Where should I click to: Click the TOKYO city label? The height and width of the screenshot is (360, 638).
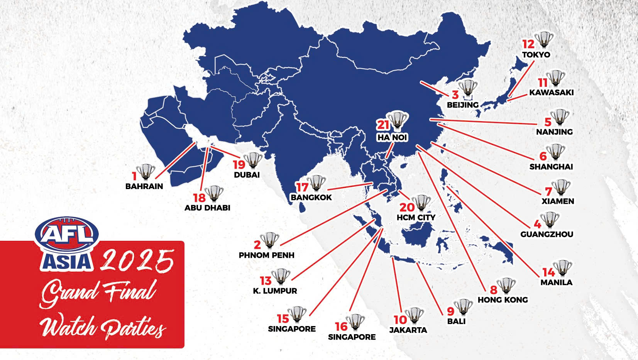(x=536, y=55)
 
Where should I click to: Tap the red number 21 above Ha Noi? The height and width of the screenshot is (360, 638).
(x=383, y=125)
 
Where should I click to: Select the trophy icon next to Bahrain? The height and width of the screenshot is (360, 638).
(x=146, y=172)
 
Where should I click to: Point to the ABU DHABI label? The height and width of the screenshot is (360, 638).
(x=207, y=208)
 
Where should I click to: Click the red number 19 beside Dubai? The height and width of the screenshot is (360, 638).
(x=239, y=165)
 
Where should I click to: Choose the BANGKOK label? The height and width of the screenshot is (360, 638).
(x=311, y=198)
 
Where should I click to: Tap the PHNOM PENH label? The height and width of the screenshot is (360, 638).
(x=266, y=255)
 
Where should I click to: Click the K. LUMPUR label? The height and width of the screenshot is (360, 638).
(x=275, y=291)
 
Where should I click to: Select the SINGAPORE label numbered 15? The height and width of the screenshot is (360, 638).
(x=292, y=329)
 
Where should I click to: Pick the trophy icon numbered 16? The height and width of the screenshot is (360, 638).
(x=355, y=322)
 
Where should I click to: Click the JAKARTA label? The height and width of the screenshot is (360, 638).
(x=408, y=330)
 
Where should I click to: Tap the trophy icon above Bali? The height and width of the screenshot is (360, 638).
(x=463, y=307)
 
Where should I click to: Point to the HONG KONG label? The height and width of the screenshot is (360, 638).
(x=503, y=300)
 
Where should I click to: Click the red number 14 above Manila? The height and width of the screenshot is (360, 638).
(x=548, y=272)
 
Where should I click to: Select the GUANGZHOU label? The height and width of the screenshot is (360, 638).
(x=547, y=234)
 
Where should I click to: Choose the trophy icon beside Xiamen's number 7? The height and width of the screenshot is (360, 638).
(x=561, y=187)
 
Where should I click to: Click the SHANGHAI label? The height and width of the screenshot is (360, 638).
(x=551, y=167)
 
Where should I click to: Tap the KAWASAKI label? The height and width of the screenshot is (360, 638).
(x=551, y=93)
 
